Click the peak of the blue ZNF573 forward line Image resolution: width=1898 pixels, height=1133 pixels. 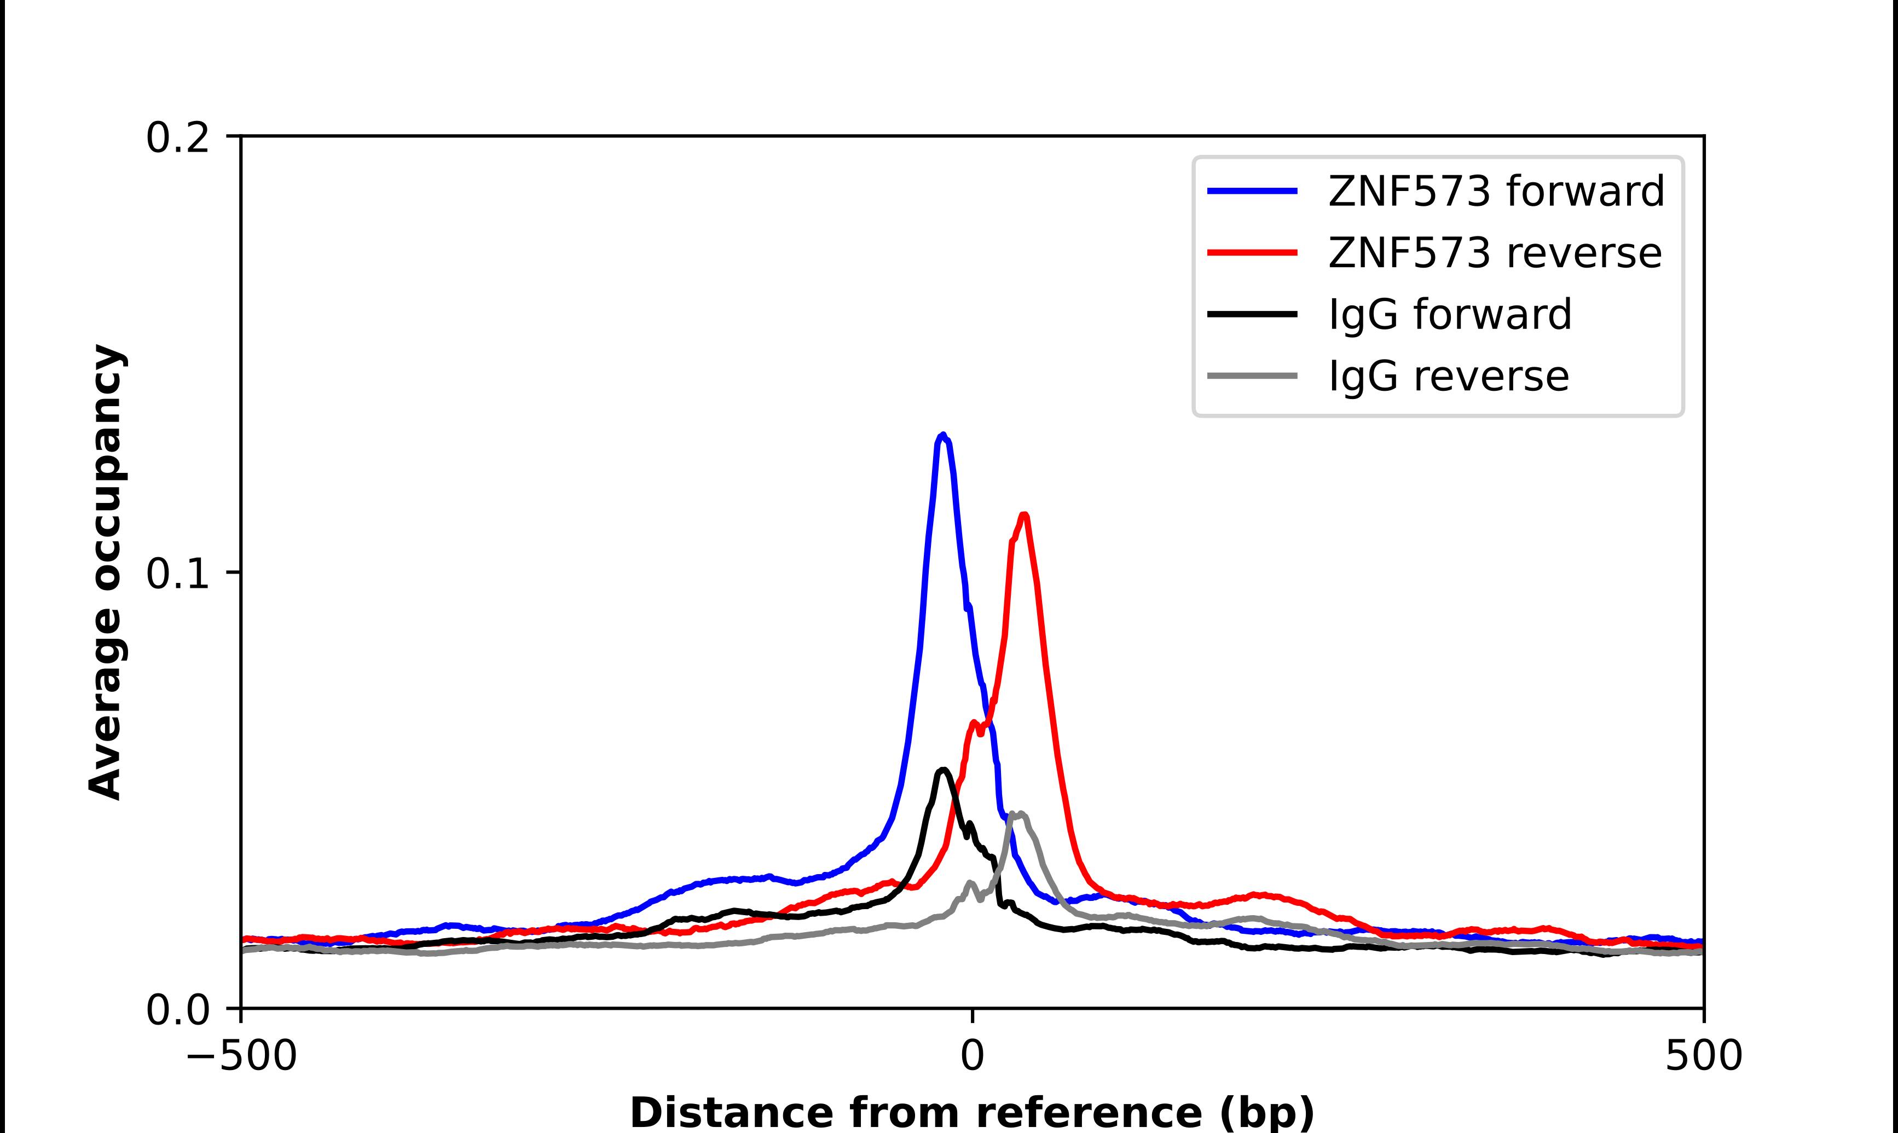pos(944,435)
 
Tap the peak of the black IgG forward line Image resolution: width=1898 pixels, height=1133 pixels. pos(944,770)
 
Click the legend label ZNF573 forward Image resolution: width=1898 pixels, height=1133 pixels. pos(1496,191)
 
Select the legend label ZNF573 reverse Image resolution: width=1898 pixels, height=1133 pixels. pos(1494,253)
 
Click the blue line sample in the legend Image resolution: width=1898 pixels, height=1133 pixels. pos(1252,191)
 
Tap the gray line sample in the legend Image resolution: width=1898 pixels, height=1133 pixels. pos(1252,375)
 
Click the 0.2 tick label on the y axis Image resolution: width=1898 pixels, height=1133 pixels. pos(177,138)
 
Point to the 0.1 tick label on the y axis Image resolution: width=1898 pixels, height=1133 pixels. pos(177,574)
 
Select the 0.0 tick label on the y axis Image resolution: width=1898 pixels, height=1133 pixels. pos(177,1010)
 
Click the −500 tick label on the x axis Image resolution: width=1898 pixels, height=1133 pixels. pos(242,1057)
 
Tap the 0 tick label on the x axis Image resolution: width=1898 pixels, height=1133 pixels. pos(971,1057)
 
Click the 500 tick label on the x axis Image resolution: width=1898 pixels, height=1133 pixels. pos(1703,1057)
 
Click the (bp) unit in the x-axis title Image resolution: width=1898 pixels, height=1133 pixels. pos(1267,1114)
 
